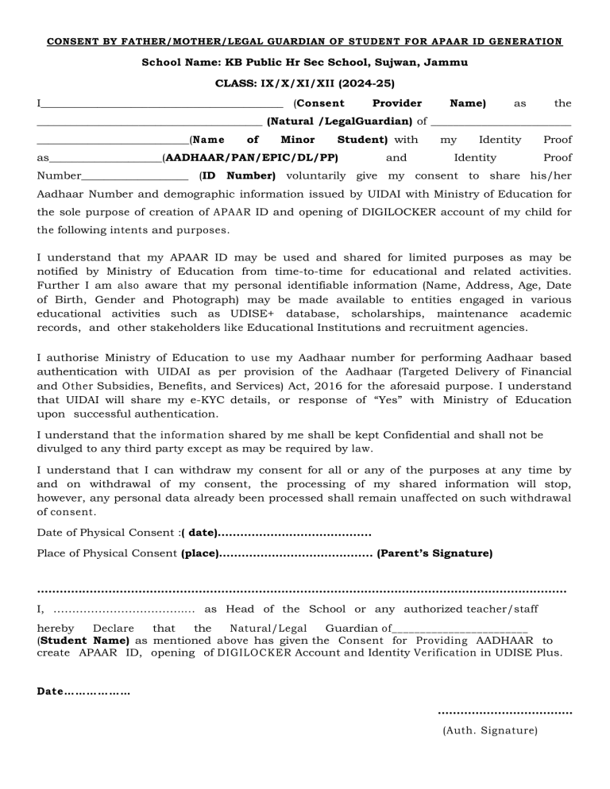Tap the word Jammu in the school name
tap(449, 62)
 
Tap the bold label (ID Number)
tap(237, 175)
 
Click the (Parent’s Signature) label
tap(434, 552)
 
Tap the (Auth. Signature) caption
tap(489, 731)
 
